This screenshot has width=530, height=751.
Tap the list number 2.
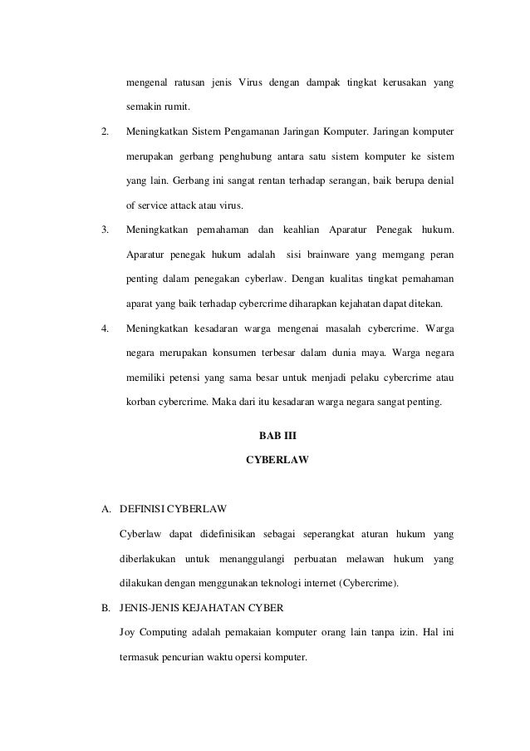click(x=104, y=131)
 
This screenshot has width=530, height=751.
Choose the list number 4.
click(x=104, y=328)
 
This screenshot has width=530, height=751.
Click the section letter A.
click(x=105, y=507)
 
